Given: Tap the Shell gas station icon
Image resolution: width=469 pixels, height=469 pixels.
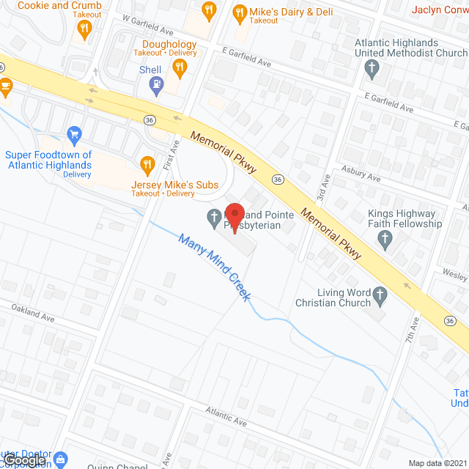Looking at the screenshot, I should click(x=155, y=85).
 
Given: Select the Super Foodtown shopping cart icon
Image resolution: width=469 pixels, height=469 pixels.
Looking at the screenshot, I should click(x=73, y=134).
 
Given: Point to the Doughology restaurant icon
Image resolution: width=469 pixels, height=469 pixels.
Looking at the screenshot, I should click(x=179, y=67).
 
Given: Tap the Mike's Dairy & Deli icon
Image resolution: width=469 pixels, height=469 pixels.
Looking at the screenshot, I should click(x=238, y=12).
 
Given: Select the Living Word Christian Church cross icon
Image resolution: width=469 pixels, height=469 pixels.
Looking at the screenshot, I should click(x=380, y=295).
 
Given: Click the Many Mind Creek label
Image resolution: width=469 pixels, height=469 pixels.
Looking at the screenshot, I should click(x=215, y=268).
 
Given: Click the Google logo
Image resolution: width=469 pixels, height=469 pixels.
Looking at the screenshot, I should click(x=24, y=459).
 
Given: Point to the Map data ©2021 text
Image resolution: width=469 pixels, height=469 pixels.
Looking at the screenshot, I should click(x=437, y=463).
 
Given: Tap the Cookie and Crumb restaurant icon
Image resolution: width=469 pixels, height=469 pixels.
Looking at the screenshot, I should click(x=84, y=29).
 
